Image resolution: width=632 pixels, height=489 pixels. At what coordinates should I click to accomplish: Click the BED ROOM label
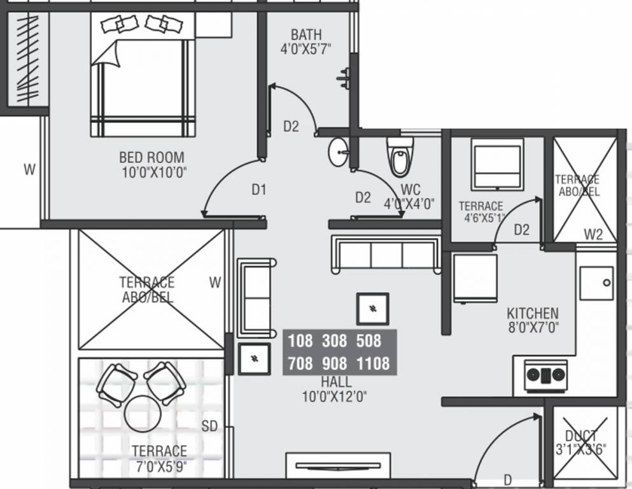click(x=151, y=157)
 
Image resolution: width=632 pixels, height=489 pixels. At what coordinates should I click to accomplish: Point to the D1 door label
click(x=258, y=189)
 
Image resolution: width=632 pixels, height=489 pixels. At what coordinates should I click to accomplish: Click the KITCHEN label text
click(x=533, y=313)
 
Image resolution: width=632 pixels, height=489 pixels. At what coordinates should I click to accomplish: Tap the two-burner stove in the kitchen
click(x=545, y=376)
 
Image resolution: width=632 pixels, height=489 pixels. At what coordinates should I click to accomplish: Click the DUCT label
click(x=581, y=436)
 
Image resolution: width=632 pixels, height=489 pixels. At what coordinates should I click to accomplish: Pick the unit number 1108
click(x=373, y=364)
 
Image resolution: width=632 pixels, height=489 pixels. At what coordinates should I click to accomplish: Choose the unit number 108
click(x=300, y=341)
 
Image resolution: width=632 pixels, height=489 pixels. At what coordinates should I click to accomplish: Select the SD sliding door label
click(x=209, y=427)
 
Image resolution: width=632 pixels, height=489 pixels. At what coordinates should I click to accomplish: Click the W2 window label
click(x=593, y=235)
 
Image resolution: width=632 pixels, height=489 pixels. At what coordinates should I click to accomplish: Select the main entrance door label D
click(x=507, y=479)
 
